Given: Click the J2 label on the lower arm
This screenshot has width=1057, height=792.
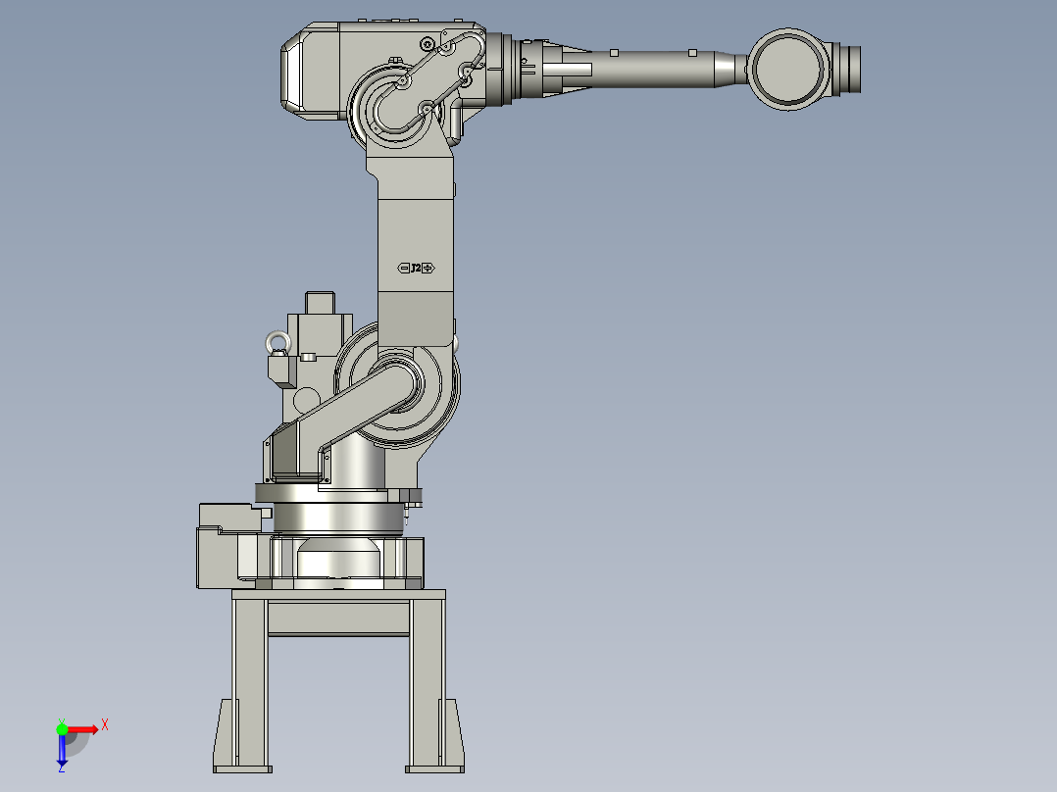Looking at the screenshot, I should (415, 268).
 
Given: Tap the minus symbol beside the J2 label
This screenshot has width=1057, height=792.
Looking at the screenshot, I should (403, 268).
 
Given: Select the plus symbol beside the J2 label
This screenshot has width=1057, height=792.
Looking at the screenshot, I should (428, 268).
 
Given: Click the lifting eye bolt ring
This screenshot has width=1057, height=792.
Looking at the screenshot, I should (277, 343).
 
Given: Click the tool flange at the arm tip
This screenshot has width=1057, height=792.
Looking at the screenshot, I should (849, 69).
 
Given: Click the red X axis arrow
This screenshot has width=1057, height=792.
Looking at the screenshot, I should (84, 728).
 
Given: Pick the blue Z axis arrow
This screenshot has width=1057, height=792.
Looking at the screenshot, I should (62, 751).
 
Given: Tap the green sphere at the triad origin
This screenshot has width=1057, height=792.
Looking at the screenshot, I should (62, 728).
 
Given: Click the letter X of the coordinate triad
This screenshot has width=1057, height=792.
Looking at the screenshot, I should (105, 725).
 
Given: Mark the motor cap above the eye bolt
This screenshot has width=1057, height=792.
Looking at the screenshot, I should (319, 304).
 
